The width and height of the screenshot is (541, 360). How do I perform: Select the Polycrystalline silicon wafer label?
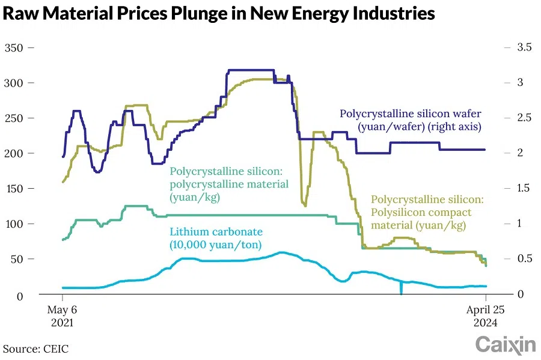(411, 120)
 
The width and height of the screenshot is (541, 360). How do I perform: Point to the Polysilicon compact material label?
(427, 212)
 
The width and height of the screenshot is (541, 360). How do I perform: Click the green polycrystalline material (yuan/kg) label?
(229, 184)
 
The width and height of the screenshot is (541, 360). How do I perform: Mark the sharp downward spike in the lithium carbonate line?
(401, 291)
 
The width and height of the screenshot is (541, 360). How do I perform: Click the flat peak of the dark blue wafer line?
(250, 70)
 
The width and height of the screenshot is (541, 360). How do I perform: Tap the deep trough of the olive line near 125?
(305, 204)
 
